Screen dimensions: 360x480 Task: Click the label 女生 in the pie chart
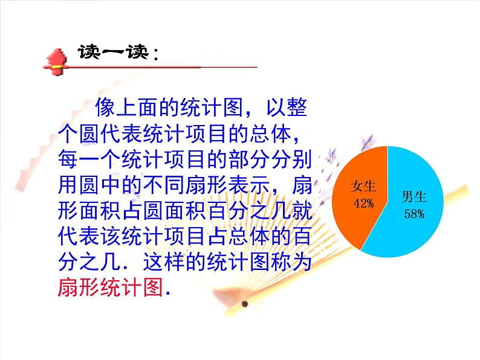coord(364,187)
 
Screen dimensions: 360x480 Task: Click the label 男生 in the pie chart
coord(415,196)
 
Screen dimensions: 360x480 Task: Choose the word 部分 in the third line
coord(238,159)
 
